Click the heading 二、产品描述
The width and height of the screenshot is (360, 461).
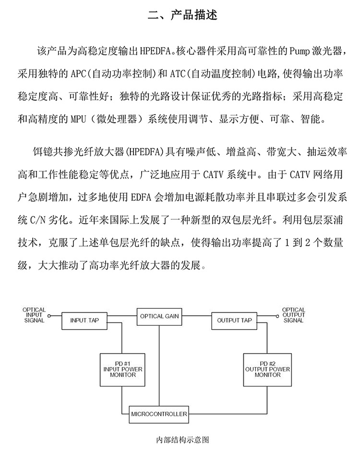pyautogui.click(x=182, y=15)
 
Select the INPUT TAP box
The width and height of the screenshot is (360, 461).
pyautogui.click(x=84, y=320)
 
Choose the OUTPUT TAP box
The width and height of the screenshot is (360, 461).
pyautogui.click(x=234, y=320)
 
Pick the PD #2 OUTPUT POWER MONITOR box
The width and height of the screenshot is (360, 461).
pyautogui.click(x=267, y=369)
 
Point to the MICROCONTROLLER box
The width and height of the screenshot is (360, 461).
pyautogui.click(x=159, y=414)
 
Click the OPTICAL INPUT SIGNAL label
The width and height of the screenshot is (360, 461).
pyautogui.click(x=34, y=316)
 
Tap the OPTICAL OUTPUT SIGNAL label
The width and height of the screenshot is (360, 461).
pyautogui.click(x=293, y=315)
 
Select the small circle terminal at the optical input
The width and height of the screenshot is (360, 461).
pyautogui.click(x=48, y=317)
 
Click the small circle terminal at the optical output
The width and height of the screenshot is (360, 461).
pyautogui.click(x=277, y=317)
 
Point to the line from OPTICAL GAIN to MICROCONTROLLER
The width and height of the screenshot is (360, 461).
pyautogui.click(x=159, y=365)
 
